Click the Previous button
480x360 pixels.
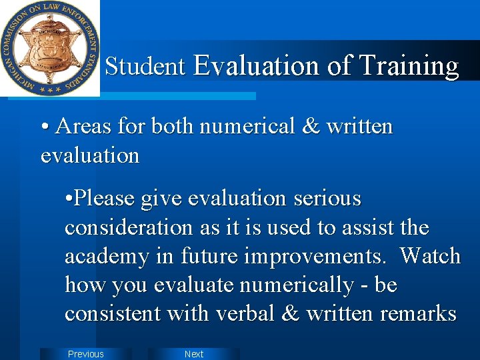pos(86,354)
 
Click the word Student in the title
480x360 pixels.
pos(145,66)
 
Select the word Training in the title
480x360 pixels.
pos(409,66)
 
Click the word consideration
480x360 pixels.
pos(131,227)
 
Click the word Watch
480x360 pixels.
pos(431,256)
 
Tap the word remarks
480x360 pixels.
pos(415,313)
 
